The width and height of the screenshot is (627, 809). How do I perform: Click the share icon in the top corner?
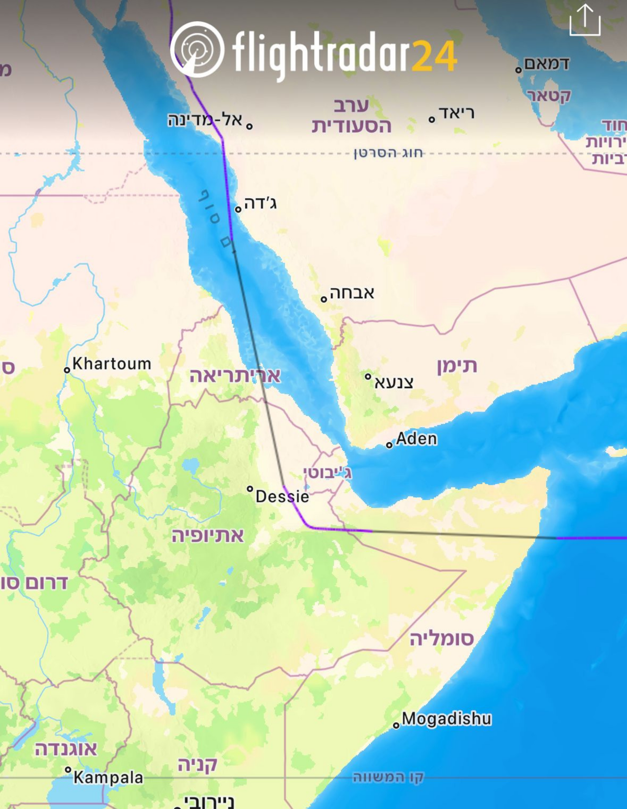coord(585,20)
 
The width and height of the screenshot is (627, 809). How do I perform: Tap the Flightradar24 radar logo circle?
coord(197,50)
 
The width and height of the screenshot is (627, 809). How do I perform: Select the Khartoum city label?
coord(112,364)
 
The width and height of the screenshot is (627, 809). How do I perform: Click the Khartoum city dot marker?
coord(67,370)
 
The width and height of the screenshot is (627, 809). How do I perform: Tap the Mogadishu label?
coord(447,719)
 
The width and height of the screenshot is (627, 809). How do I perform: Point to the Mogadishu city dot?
coord(396,725)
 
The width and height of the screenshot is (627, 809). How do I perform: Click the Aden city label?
coord(417,439)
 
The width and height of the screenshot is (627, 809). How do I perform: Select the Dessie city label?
coord(282,497)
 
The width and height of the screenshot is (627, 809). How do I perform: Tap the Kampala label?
coord(108,778)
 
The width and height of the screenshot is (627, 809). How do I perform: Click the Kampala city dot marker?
coord(68,770)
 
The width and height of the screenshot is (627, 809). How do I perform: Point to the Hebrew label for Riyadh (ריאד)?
coord(456,113)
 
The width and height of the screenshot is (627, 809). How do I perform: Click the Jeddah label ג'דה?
coord(260,203)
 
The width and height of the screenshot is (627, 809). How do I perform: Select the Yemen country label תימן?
coord(457,366)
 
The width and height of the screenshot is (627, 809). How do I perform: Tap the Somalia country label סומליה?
coord(442,639)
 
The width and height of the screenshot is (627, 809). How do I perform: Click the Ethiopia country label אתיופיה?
coord(208,536)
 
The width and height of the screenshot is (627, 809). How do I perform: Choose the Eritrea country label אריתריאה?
coord(235,376)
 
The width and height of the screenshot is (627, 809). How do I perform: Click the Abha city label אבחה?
coord(352,293)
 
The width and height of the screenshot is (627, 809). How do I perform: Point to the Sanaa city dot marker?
coord(368,376)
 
